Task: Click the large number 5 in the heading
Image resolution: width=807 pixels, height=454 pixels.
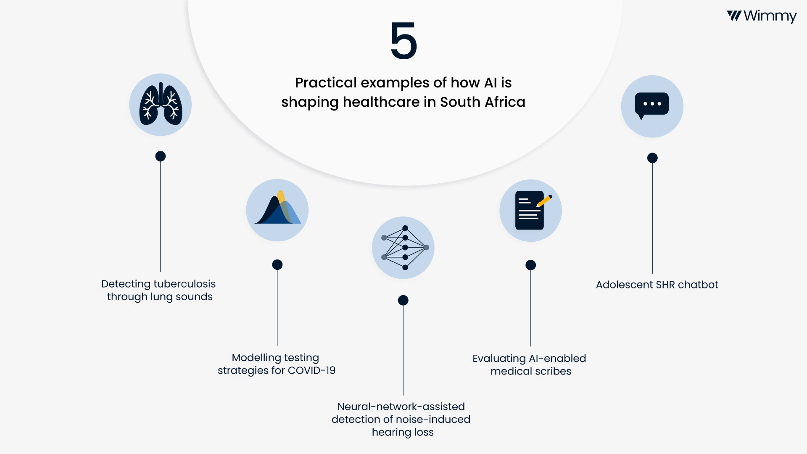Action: [x=403, y=41]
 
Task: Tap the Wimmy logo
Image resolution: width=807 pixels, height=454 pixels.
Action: [x=762, y=16]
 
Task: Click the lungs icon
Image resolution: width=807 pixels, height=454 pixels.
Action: [x=161, y=105]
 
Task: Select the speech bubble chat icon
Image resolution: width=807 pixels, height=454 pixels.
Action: [x=652, y=106]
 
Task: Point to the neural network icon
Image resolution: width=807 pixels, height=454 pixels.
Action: [x=403, y=248]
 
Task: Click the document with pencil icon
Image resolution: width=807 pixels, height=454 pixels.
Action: [x=530, y=210]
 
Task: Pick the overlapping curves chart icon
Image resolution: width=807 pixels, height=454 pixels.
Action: [x=277, y=210]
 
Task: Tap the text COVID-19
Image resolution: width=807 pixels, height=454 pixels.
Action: [x=311, y=370]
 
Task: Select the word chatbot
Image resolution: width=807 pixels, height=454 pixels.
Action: [x=698, y=285]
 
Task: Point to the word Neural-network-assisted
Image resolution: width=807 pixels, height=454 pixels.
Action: [x=401, y=407]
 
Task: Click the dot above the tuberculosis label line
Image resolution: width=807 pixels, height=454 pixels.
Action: [x=161, y=156]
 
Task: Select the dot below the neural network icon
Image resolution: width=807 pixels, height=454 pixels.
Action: [x=403, y=300]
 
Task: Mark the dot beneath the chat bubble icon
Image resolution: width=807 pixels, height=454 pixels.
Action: [x=652, y=158]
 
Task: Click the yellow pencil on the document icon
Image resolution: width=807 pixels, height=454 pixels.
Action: [x=544, y=201]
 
